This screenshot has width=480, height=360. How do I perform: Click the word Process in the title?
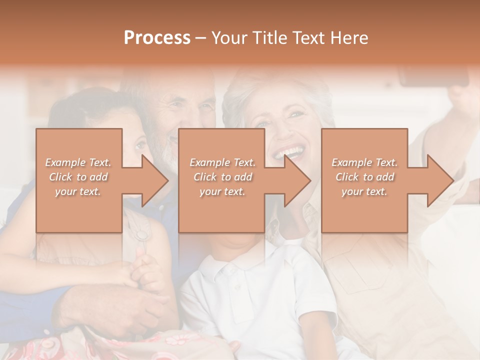coord(157,37)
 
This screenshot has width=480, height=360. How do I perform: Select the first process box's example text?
coord(78,177)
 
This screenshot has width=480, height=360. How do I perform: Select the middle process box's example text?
coord(222,177)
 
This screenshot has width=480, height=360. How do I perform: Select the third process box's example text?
coord(364,177)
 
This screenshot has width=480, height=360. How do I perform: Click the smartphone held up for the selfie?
coord(433,75)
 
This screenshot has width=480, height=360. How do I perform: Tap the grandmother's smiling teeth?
coord(290,150)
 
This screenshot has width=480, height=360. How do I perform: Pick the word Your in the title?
coord(229,37)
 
